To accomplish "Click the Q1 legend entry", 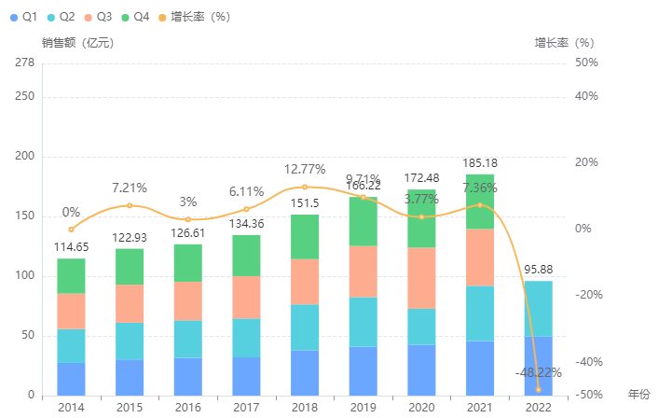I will pyautogui.click(x=24, y=17).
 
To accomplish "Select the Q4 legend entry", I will pyautogui.click(x=135, y=17).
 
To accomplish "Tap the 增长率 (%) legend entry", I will pyautogui.click(x=192, y=17).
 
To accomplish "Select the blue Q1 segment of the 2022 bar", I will pyautogui.click(x=538, y=366).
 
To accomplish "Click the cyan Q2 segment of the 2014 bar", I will pyautogui.click(x=71, y=346).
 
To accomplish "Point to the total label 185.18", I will pyautogui.click(x=480, y=164).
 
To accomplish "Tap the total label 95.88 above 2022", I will pyautogui.click(x=538, y=271).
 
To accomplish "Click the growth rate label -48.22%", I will pyautogui.click(x=538, y=372).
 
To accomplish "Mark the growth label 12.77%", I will pyautogui.click(x=305, y=169).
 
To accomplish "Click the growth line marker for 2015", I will pyautogui.click(x=130, y=205).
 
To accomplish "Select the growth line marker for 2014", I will pyautogui.click(x=71, y=230).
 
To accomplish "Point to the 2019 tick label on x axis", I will pyautogui.click(x=363, y=408).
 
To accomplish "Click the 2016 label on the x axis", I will pyautogui.click(x=188, y=408).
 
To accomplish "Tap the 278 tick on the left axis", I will pyautogui.click(x=25, y=63).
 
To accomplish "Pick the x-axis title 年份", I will pyautogui.click(x=639, y=395).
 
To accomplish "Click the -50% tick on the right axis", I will pyautogui.click(x=587, y=396).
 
